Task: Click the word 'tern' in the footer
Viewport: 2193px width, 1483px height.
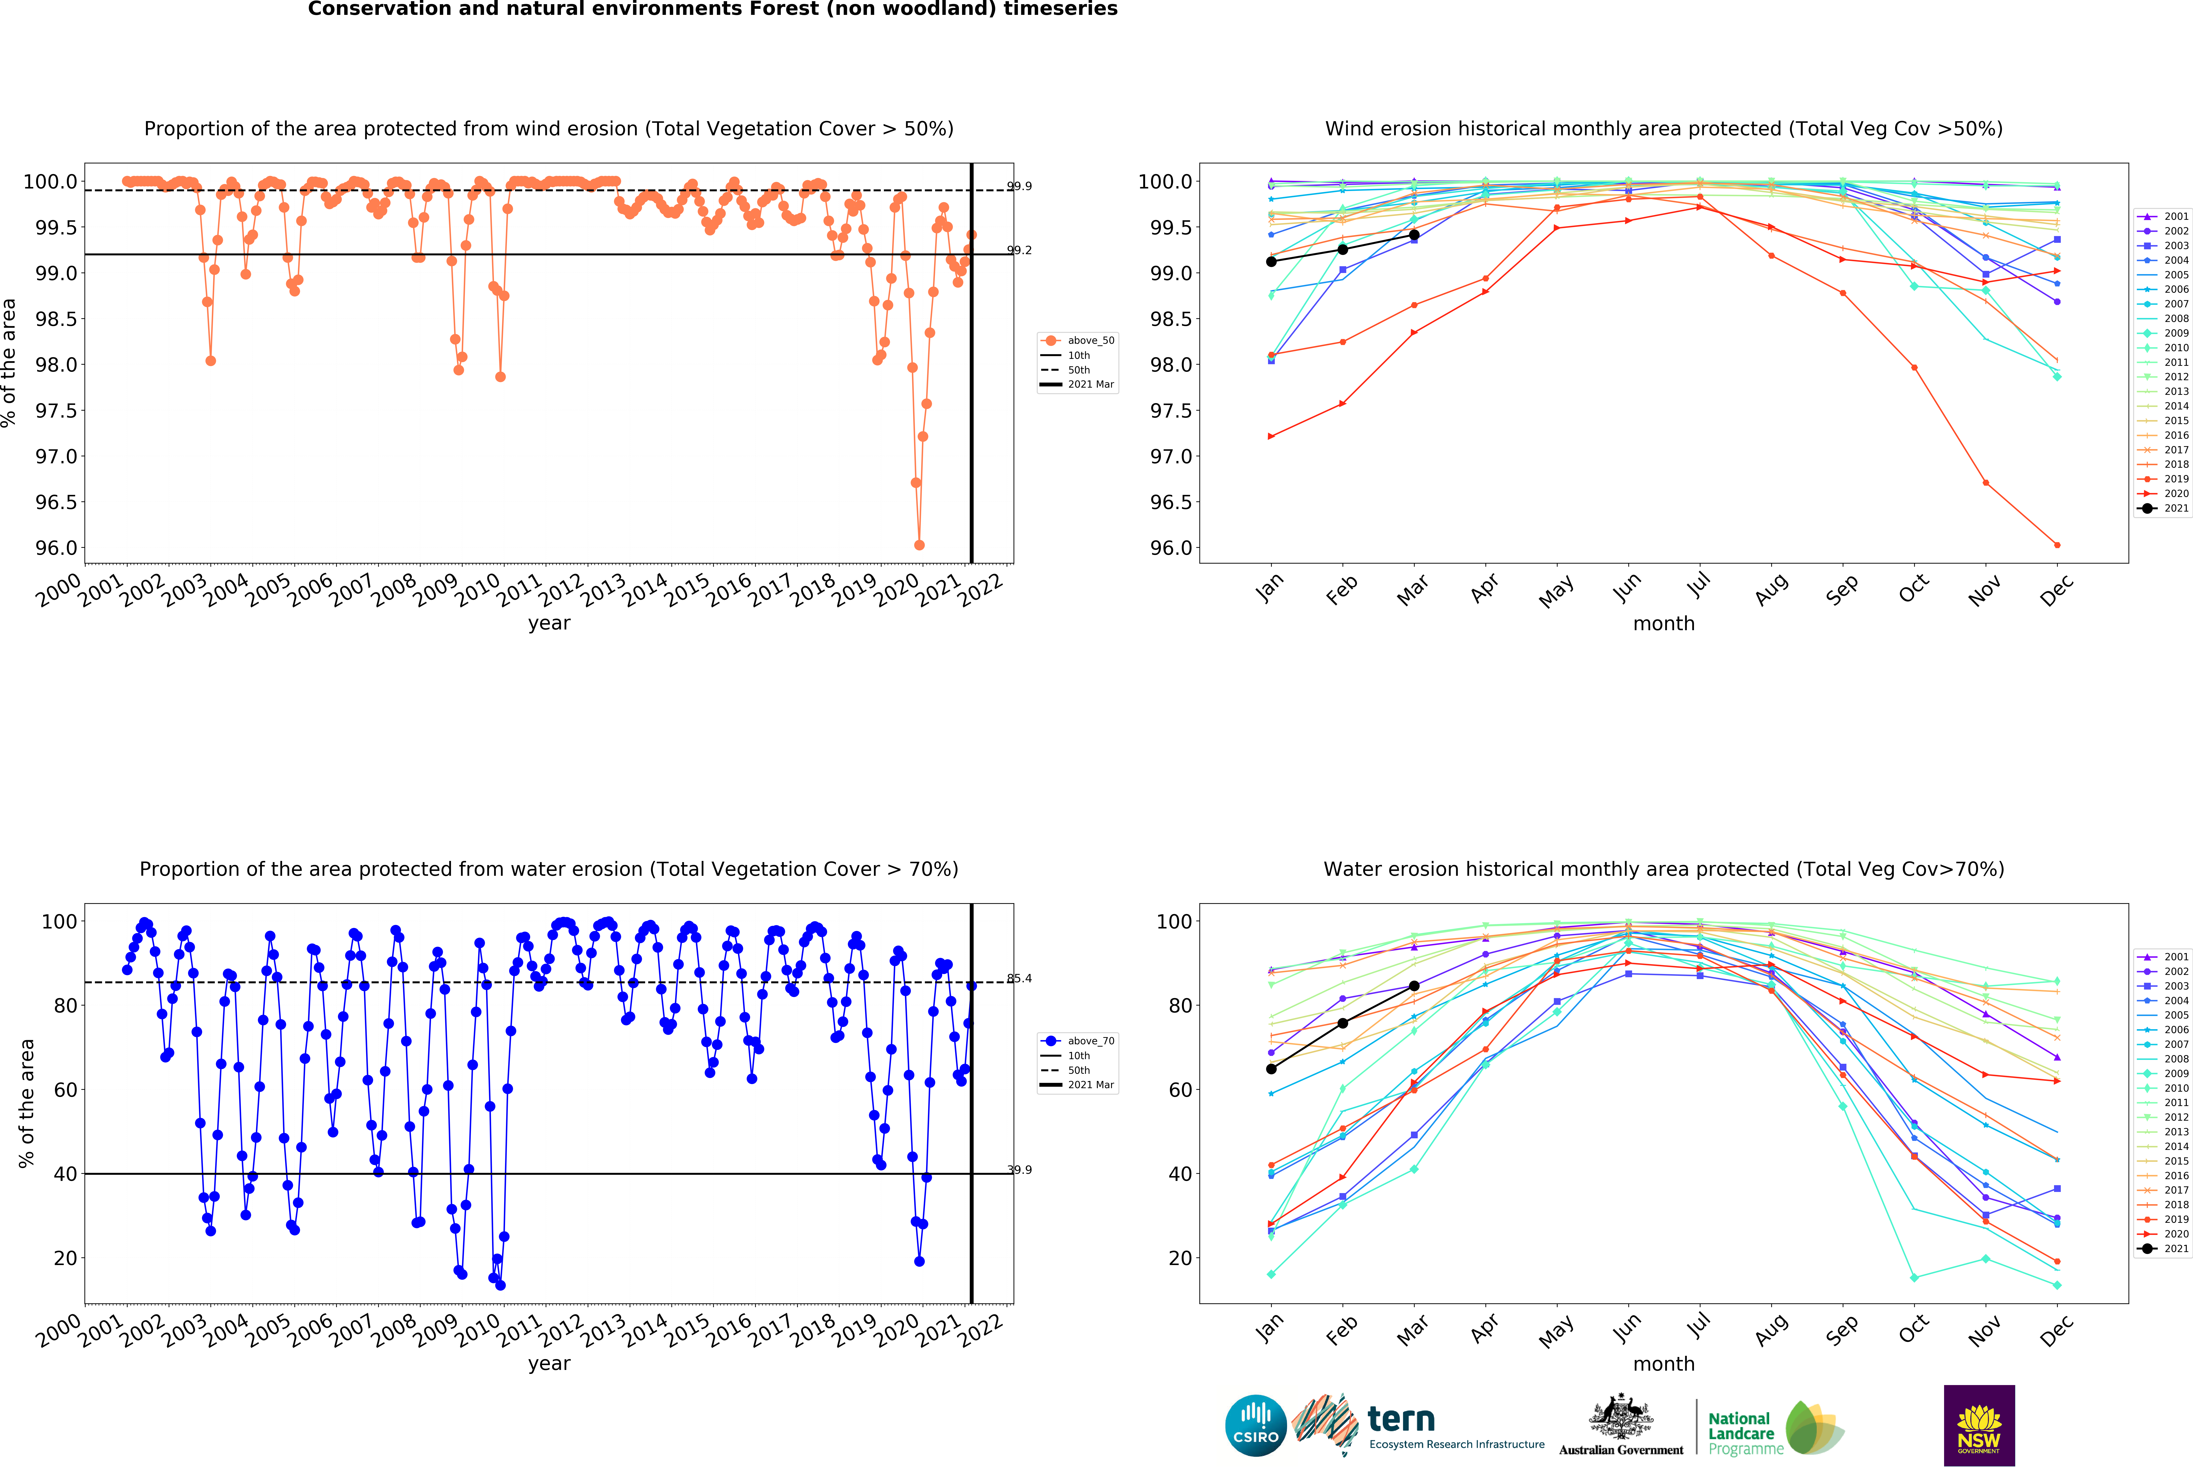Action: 1401,1419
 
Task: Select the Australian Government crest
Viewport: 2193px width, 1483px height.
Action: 1620,1416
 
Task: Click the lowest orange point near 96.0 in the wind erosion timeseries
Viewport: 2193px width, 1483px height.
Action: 919,545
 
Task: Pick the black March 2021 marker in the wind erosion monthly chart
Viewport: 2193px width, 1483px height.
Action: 1414,235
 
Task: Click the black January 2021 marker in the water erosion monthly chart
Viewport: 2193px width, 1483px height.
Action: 1271,1069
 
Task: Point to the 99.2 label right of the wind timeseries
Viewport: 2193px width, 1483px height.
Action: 1019,250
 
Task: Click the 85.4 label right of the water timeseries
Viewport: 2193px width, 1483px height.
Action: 1019,978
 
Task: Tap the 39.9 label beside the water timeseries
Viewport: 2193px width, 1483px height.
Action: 1019,1170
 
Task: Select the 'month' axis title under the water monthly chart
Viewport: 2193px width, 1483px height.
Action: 1664,1364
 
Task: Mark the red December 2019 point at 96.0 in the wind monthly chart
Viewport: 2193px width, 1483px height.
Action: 2057,545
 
